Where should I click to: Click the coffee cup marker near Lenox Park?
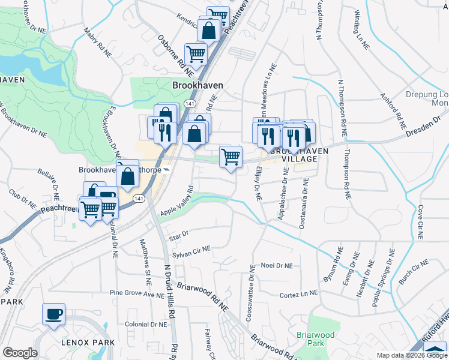pos(54,314)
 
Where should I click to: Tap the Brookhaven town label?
pos(197,86)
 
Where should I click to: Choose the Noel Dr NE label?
pos(277,265)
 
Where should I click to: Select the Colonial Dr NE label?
pos(146,324)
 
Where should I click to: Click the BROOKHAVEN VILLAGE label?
pos(300,155)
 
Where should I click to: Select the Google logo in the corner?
pos(20,353)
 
